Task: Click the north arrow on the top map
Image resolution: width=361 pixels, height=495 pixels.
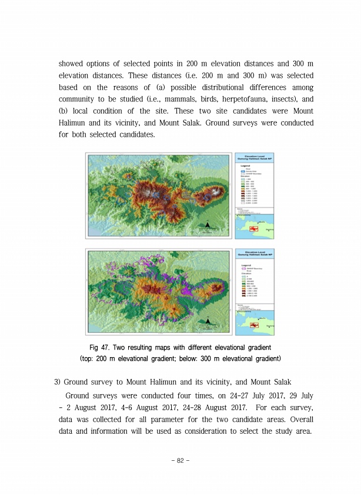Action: (207, 225)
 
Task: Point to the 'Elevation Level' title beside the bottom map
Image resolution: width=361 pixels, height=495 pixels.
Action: (256, 252)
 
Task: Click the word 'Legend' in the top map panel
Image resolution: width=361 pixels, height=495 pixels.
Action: (245, 167)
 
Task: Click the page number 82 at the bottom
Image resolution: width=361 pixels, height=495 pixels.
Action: (180, 461)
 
